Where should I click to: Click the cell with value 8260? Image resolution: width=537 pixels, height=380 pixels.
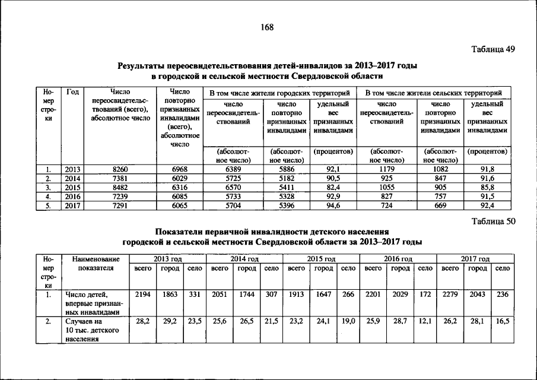(120, 169)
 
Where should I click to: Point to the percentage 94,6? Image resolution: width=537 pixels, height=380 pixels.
(333, 206)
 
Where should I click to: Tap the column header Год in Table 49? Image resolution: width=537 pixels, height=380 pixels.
(73, 92)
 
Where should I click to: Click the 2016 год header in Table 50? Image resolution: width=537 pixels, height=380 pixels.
(398, 259)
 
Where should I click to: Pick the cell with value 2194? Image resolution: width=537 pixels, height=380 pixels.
(142, 294)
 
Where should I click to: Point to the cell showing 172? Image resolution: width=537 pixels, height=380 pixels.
(425, 294)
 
